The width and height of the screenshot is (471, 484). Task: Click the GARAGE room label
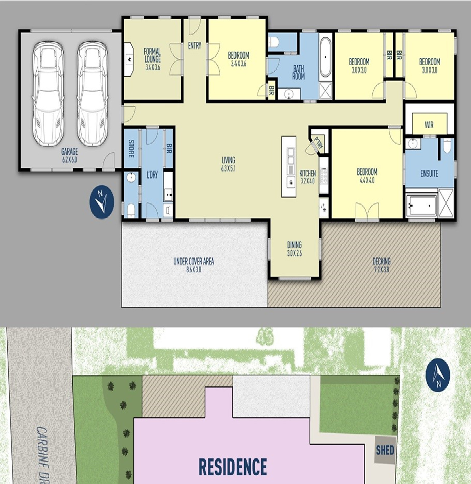tap(70, 155)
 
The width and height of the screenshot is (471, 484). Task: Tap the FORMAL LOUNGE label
tap(152, 59)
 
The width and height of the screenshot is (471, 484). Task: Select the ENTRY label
tap(194, 46)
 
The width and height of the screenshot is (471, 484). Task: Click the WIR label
tap(429, 125)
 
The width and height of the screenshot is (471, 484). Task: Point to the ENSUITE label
tap(429, 173)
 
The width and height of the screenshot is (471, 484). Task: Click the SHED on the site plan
tap(385, 450)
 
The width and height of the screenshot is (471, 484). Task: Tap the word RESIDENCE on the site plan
tap(233, 466)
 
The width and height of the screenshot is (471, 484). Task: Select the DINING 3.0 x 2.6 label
tap(294, 248)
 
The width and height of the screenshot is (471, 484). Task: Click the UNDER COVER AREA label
tap(194, 265)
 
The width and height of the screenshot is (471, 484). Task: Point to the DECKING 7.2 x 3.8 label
tap(381, 265)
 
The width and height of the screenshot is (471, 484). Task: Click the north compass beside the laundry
tap(102, 202)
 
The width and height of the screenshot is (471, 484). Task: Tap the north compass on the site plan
tap(438, 375)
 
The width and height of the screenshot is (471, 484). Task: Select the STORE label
tap(131, 148)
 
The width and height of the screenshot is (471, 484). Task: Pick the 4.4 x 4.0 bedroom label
tap(367, 175)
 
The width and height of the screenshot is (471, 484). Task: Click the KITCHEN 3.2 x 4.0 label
tap(308, 177)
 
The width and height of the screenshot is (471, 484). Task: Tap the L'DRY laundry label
tap(152, 175)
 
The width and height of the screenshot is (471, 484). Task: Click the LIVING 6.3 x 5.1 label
tap(228, 164)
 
